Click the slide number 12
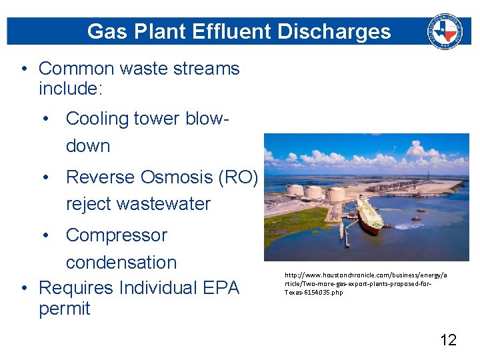pyautogui.click(x=449, y=340)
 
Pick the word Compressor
pyautogui.click(x=117, y=235)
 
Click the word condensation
pyautogui.click(x=121, y=263)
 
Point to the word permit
pyautogui.click(x=65, y=309)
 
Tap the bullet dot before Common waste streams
pyautogui.click(x=24, y=69)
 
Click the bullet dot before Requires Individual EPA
pyautogui.click(x=24, y=288)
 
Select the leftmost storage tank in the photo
pyautogui.click(x=295, y=190)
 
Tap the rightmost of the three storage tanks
pyautogui.click(x=337, y=193)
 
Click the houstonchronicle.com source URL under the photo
pyautogui.click(x=366, y=283)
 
